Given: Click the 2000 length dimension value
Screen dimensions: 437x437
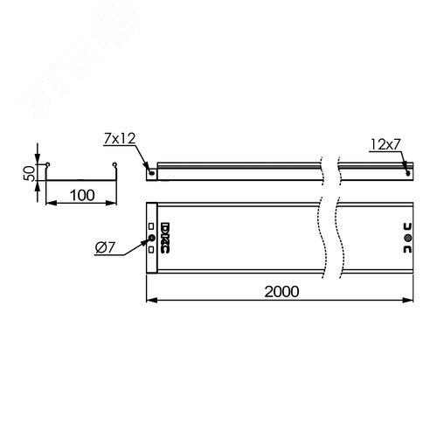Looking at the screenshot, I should (280, 290).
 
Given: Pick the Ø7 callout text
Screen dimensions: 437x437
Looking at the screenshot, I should (106, 251).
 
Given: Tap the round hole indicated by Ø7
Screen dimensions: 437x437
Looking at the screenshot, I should (151, 238).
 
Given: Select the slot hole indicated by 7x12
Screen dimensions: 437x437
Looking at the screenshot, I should (154, 172).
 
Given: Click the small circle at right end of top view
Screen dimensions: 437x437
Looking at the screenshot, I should (406, 238).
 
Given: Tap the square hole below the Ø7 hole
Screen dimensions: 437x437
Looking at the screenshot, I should (151, 248).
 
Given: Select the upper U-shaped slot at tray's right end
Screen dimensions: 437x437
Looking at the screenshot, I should (406, 225).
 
